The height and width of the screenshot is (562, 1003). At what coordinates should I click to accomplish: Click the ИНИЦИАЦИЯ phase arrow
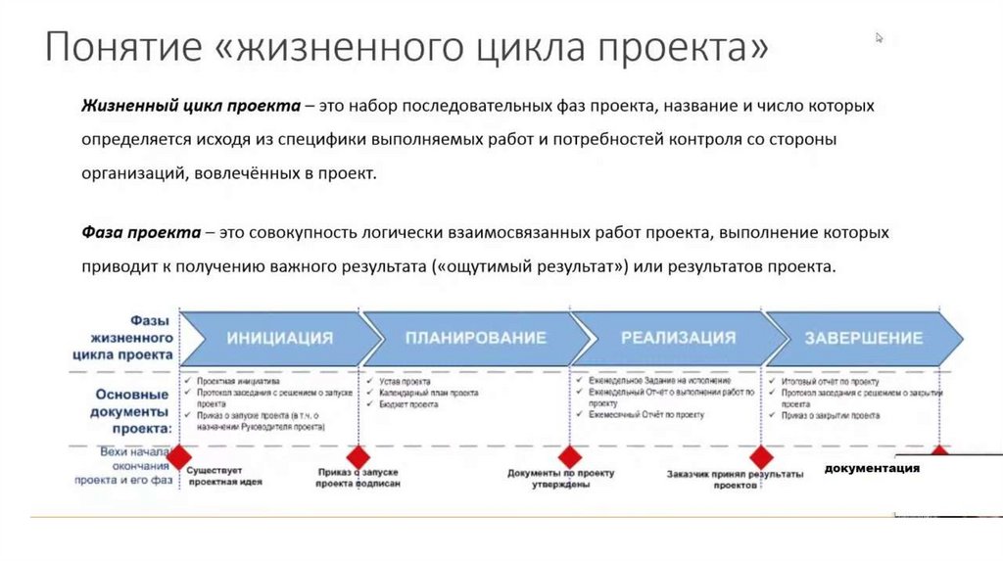pyautogui.click(x=280, y=338)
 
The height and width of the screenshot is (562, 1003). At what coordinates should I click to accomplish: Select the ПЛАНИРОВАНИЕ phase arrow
pyautogui.click(x=469, y=338)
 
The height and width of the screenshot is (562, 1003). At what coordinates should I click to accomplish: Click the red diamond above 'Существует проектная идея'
pyautogui.click(x=179, y=456)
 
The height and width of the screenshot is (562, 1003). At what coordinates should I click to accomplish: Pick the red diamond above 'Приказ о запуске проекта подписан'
pyautogui.click(x=358, y=456)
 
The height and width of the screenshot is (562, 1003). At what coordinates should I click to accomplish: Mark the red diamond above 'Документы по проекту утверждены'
pyautogui.click(x=569, y=456)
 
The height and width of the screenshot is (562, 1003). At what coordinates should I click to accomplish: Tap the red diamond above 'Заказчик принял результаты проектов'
pyautogui.click(x=761, y=456)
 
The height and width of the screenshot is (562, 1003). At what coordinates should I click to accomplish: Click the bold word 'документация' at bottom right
pyautogui.click(x=872, y=468)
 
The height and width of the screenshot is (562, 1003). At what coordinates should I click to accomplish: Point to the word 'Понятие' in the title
pyautogui.click(x=116, y=48)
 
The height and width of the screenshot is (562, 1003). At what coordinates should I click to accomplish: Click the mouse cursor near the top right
pyautogui.click(x=879, y=37)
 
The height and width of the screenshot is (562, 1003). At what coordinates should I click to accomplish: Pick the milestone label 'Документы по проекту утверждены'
pyautogui.click(x=560, y=479)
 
